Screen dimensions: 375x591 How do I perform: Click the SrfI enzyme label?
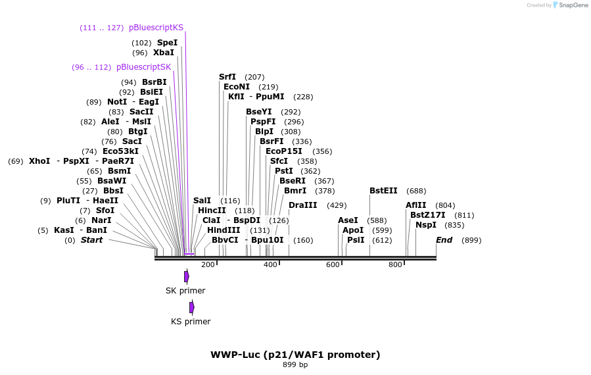(x=227, y=77)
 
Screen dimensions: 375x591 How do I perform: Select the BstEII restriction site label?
(x=383, y=191)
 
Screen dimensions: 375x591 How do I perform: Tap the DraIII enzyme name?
(x=302, y=205)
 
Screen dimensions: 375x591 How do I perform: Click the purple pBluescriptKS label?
(x=156, y=28)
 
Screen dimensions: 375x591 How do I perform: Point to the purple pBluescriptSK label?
(x=143, y=67)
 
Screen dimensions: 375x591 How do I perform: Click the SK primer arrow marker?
(x=187, y=276)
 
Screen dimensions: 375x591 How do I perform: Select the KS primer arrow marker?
(x=192, y=307)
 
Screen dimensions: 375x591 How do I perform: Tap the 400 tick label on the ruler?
(x=270, y=265)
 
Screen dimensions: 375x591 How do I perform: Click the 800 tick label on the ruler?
(x=395, y=265)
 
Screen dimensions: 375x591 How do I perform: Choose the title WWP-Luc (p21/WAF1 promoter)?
(x=295, y=355)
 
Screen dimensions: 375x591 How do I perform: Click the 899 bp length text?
(x=295, y=365)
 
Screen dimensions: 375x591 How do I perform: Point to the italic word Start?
(x=91, y=240)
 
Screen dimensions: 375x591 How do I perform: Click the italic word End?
(x=444, y=240)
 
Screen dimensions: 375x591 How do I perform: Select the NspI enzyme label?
(x=426, y=225)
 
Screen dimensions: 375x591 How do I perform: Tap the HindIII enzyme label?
(x=224, y=230)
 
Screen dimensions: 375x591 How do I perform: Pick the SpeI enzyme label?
(x=167, y=43)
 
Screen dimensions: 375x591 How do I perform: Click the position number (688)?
(x=416, y=191)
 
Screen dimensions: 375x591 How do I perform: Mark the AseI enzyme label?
(x=348, y=220)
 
